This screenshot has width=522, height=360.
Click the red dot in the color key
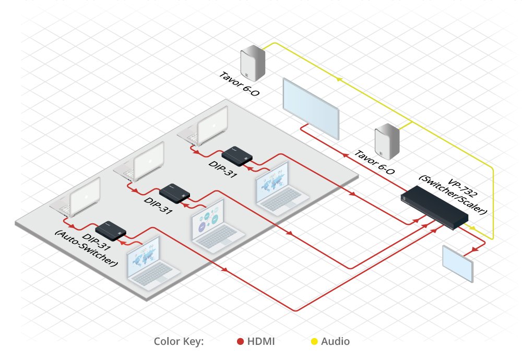click(x=241, y=342)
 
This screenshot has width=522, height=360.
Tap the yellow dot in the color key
click(x=314, y=342)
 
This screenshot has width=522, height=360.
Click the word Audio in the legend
click(x=336, y=342)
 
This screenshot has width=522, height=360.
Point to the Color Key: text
click(x=179, y=342)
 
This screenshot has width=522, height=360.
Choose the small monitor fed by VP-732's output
click(x=458, y=263)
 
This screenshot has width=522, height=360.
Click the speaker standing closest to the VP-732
click(x=387, y=141)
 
